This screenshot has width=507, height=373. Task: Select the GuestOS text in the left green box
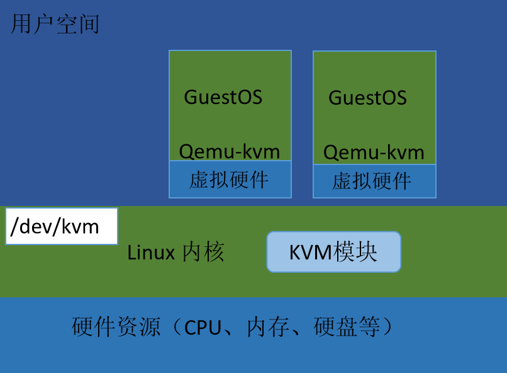(x=223, y=97)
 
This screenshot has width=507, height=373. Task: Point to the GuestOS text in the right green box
(x=367, y=98)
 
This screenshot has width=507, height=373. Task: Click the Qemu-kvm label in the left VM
(x=230, y=151)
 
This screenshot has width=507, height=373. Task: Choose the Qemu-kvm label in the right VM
(x=374, y=152)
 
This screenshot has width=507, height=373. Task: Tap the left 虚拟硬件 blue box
(x=230, y=180)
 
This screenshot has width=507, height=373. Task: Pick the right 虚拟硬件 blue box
(x=374, y=181)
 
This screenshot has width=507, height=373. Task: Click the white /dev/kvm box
(x=62, y=226)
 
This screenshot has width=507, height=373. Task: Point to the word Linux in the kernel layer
(x=151, y=253)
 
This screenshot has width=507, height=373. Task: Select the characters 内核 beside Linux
(x=203, y=253)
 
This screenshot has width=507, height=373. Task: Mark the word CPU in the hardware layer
(x=203, y=328)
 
